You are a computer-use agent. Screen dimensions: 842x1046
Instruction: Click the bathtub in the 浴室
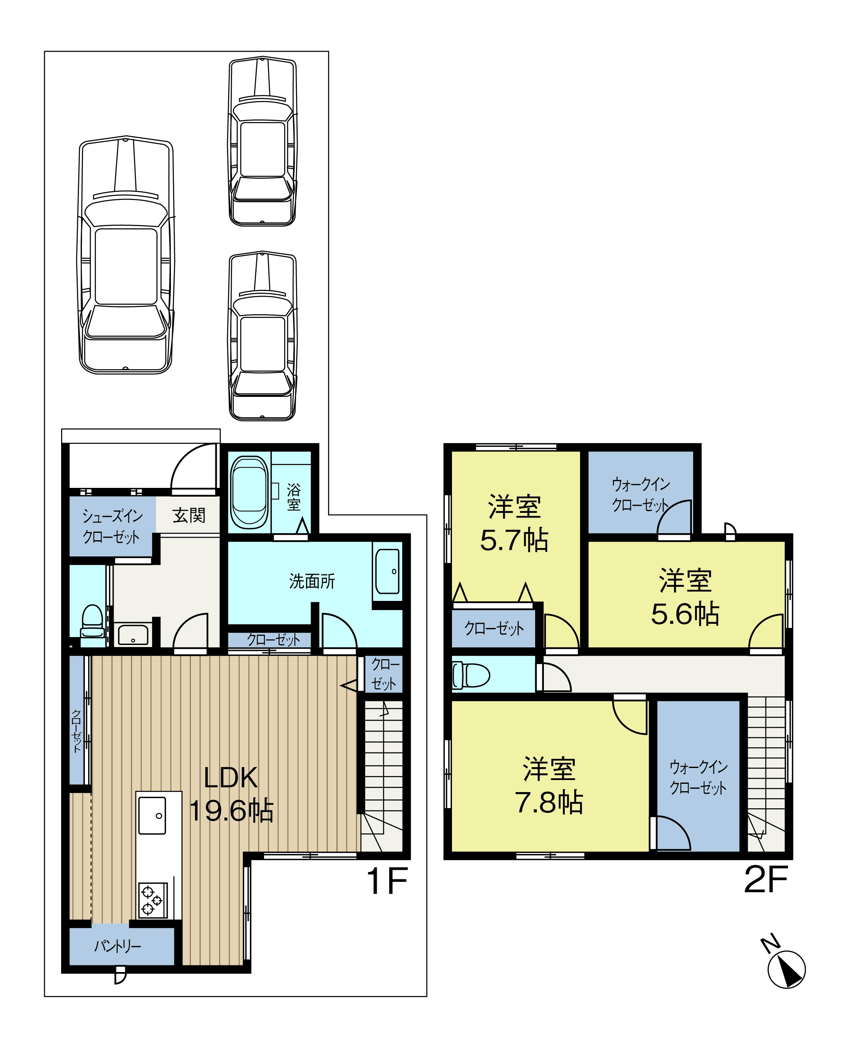[x=249, y=492]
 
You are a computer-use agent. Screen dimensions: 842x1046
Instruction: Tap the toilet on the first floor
[x=92, y=625]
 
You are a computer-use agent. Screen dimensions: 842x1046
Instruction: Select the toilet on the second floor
[x=470, y=675]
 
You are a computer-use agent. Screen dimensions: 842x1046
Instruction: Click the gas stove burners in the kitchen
[x=152, y=900]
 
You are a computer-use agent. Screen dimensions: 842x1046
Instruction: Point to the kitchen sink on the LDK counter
[x=152, y=815]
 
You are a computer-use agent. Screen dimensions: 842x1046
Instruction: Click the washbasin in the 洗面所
[x=387, y=571]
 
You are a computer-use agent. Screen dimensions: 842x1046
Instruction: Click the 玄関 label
[x=189, y=515]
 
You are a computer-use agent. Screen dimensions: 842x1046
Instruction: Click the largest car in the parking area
[x=126, y=255]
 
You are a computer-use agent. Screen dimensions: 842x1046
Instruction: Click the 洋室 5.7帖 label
[x=514, y=524]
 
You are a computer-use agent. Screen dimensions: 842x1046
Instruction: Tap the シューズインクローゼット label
[x=112, y=526]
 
